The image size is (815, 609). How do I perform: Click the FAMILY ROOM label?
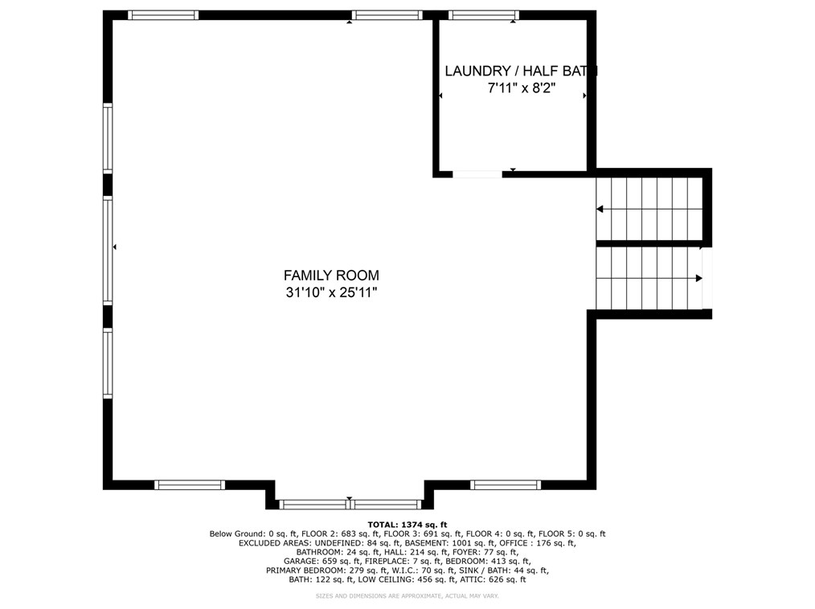331,275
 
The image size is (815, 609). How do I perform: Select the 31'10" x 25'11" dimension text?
331,293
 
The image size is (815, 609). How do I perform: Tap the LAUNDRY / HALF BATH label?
521,72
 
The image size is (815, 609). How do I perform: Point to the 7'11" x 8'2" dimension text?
521,89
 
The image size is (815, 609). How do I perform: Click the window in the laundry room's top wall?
483,14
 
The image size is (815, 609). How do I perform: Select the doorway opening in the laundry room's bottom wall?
477,174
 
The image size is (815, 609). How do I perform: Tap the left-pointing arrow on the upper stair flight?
600,210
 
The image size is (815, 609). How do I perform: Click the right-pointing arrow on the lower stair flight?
698,278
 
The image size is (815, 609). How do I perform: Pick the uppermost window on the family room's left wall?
108,138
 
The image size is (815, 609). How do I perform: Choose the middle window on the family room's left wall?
108,251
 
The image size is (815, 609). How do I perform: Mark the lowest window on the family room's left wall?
108,364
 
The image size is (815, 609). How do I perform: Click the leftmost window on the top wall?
163,14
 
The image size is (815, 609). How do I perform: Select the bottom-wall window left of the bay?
190,484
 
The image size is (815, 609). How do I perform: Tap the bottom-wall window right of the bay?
506,484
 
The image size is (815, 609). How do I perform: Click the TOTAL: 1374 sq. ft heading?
407,524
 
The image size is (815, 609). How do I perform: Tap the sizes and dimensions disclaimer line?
407,596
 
